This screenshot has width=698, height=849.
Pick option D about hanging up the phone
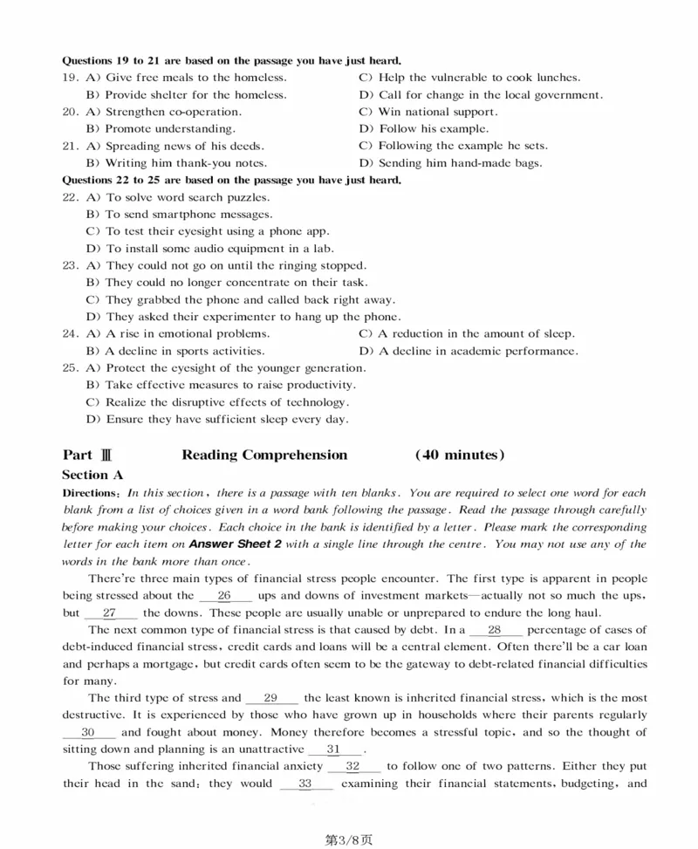point(243,317)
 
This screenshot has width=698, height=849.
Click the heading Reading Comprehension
point(264,455)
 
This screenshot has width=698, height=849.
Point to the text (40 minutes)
point(460,455)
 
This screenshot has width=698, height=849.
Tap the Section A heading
point(92,475)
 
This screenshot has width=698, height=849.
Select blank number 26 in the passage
point(224,595)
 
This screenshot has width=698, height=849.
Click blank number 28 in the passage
point(495,629)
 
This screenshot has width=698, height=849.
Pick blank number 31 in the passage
point(334,750)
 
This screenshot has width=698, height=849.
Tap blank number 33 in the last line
point(305,784)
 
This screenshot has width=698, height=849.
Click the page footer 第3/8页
point(348,839)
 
